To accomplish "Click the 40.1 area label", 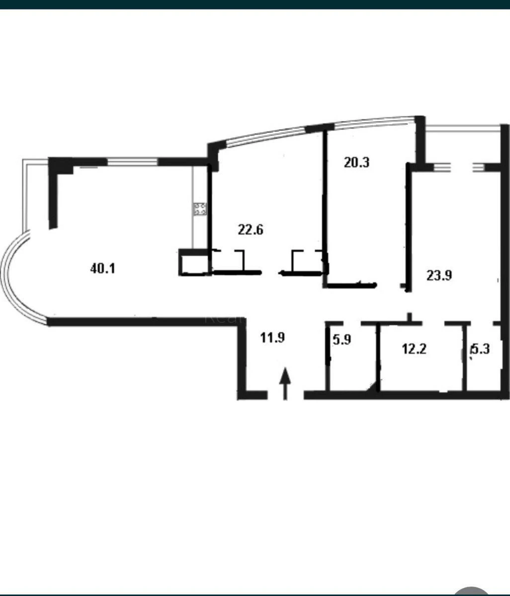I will [102, 269].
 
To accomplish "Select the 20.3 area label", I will [356, 162].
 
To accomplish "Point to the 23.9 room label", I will [439, 275].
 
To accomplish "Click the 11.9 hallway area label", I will [272, 338].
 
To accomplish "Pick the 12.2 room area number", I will [414, 349].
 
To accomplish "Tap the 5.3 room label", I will [481, 349].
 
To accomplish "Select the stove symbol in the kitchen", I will [200, 209].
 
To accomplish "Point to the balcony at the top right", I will [462, 144].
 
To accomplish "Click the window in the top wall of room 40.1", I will [133, 161].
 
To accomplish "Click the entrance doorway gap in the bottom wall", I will [285, 395].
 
